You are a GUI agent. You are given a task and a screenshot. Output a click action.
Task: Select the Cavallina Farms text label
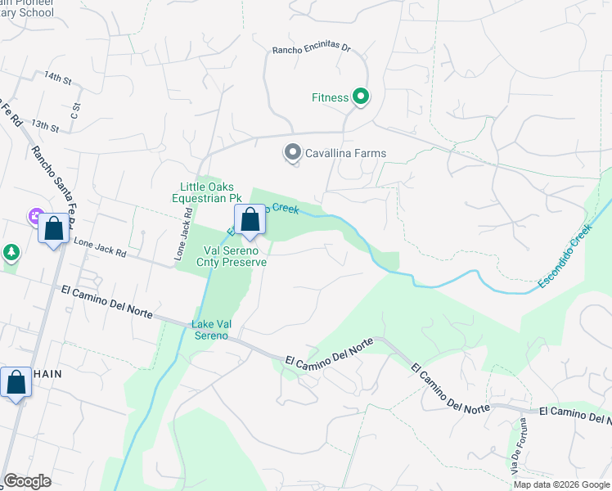345,153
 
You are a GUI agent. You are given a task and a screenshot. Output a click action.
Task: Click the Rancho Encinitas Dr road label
312,50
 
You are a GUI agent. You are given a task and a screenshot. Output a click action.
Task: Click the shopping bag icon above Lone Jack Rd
54,229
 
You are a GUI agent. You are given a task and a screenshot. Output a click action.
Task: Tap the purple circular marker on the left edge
35,217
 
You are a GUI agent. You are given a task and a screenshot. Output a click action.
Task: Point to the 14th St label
59,79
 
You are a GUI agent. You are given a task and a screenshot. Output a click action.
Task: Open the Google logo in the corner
27,481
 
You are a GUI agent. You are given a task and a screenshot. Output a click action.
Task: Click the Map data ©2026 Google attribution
561,484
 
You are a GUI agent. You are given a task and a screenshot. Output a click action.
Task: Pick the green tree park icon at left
11,253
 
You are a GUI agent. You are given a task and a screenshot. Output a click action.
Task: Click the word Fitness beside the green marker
331,97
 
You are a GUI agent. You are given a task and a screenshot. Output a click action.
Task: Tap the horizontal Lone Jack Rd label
100,248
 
